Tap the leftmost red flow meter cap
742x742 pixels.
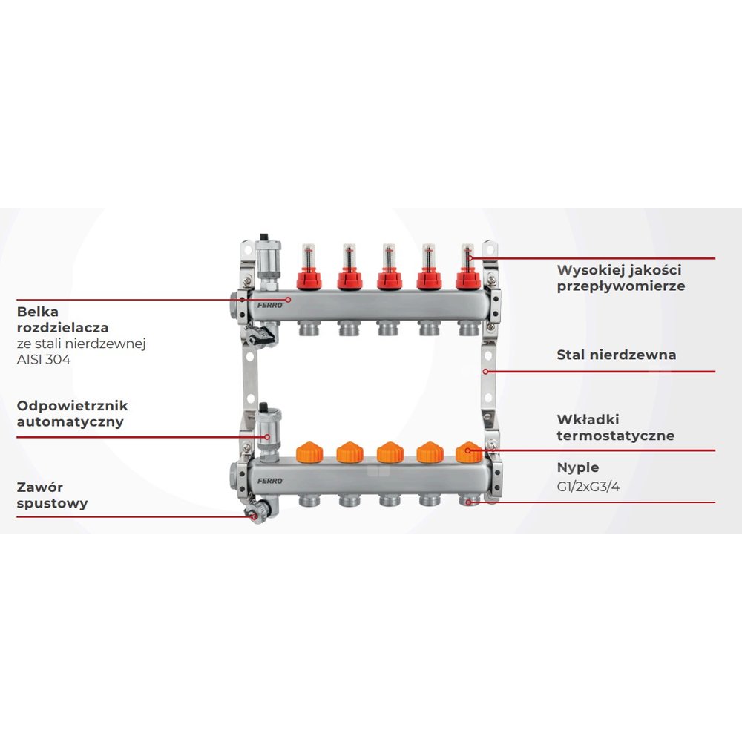tap(309, 279)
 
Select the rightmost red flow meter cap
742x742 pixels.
tap(468, 279)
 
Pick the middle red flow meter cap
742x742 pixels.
tap(388, 279)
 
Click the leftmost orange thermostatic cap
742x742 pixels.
tap(308, 452)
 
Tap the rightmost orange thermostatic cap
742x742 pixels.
tap(468, 452)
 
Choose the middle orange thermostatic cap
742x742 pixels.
tap(388, 452)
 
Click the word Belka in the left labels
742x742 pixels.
tap(38, 312)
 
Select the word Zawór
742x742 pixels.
tap(39, 487)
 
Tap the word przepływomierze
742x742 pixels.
tap(621, 286)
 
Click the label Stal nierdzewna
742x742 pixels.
tap(617, 355)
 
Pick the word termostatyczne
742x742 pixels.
tap(616, 436)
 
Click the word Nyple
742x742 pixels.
tap(578, 467)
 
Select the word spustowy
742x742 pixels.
tap(52, 503)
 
